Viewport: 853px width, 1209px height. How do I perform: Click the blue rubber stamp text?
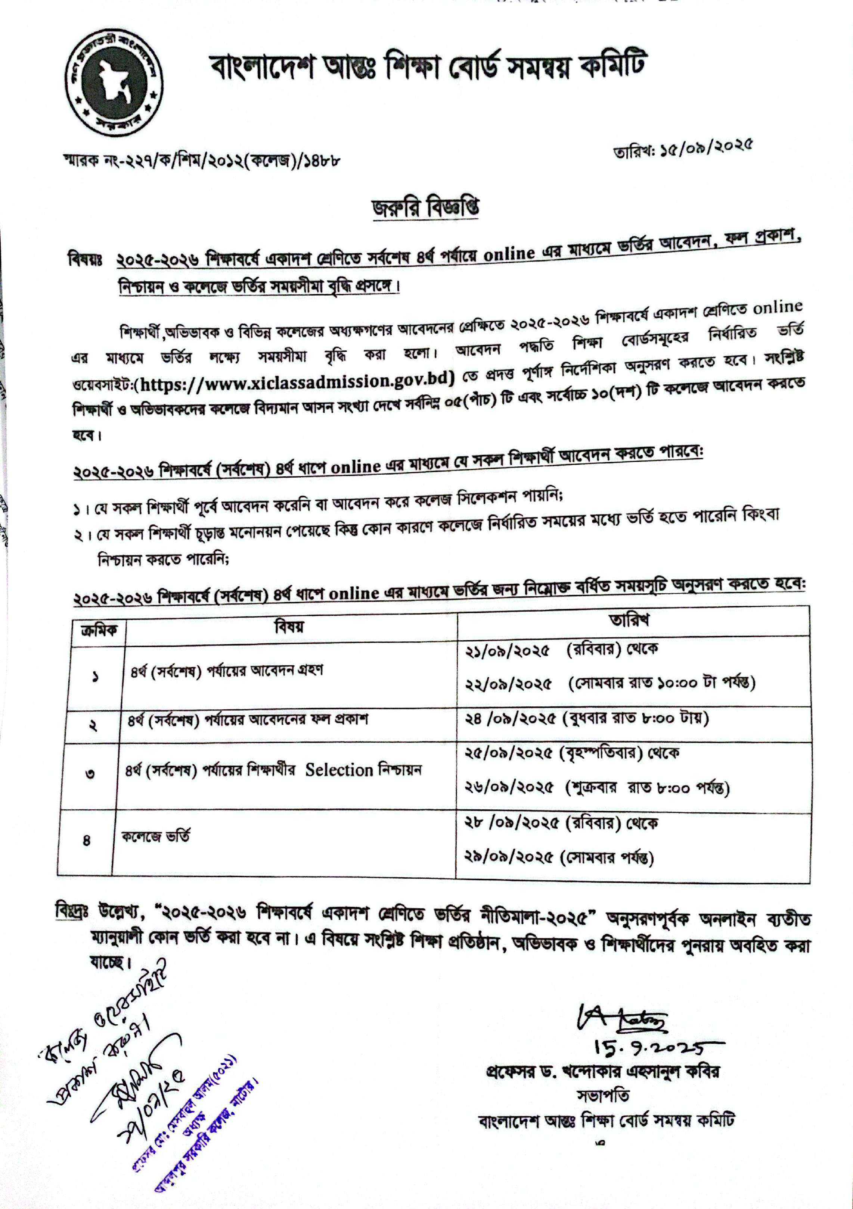[190, 1111]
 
